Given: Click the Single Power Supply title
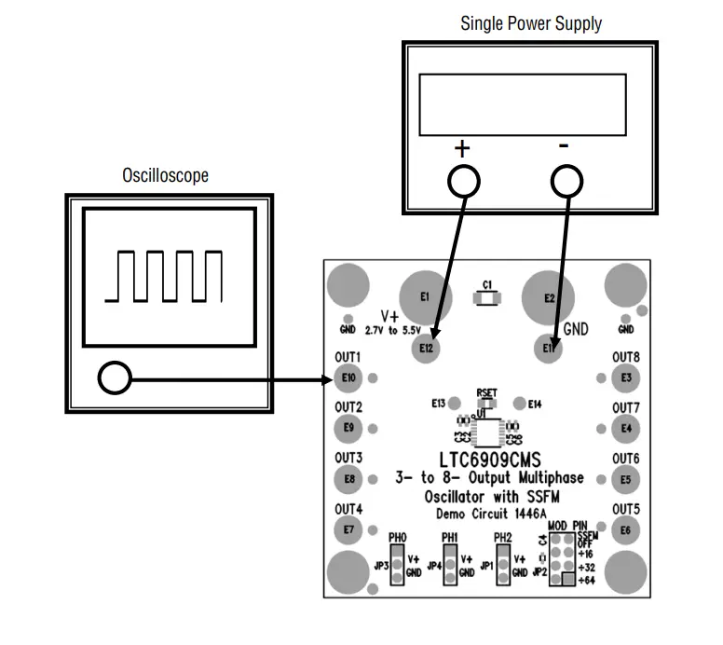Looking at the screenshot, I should pyautogui.click(x=530, y=23).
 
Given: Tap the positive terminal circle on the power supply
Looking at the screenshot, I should pyautogui.click(x=463, y=182).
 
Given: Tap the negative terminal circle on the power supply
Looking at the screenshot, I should pyautogui.click(x=567, y=182).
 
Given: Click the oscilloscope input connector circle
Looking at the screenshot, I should pyautogui.click(x=114, y=377).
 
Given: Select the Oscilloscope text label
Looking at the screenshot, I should pyautogui.click(x=165, y=175).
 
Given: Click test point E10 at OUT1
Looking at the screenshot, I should pyautogui.click(x=348, y=377).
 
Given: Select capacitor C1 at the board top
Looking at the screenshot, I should pyautogui.click(x=487, y=298).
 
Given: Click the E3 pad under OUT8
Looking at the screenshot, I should pyautogui.click(x=626, y=377).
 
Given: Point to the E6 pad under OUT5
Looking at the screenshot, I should pyautogui.click(x=626, y=530).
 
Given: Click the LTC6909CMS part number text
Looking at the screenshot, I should pyautogui.click(x=487, y=460).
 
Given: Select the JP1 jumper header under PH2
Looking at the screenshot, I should pyautogui.click(x=504, y=565).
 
